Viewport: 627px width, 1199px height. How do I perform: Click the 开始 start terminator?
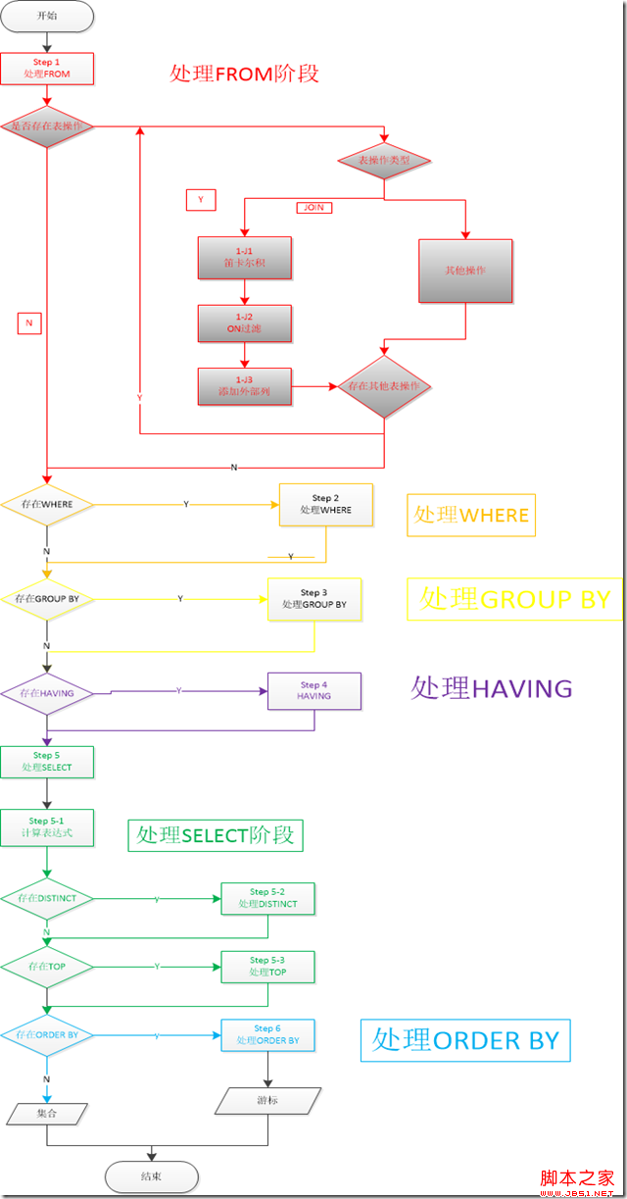coord(47,16)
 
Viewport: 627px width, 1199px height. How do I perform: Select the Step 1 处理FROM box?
coord(47,69)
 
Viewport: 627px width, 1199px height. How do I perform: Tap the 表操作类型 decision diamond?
coord(383,160)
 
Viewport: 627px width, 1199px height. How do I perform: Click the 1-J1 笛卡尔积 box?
coord(244,258)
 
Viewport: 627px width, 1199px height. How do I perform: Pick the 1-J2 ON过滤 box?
coord(244,324)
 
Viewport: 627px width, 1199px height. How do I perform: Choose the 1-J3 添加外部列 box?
coord(244,386)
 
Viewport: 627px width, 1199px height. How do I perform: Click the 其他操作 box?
coord(465,271)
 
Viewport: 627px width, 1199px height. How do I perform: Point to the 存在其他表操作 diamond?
coord(384,386)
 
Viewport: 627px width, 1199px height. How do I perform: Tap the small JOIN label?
coord(313,208)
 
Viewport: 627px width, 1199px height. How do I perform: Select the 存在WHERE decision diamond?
coord(47,504)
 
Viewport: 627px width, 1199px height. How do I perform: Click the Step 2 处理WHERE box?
coord(325,504)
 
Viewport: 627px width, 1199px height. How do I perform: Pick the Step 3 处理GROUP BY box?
coord(314,599)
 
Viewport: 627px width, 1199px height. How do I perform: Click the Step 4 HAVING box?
coord(314,691)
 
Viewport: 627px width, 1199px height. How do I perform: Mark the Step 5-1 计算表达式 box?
coord(47,827)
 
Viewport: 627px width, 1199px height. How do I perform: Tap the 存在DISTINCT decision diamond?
coord(47,898)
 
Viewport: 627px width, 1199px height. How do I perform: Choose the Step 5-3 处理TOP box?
coord(267,967)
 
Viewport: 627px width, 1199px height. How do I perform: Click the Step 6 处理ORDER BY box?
coord(267,1035)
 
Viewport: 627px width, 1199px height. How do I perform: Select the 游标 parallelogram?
coord(267,1101)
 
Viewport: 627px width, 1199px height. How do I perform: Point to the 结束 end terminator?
coord(151,1176)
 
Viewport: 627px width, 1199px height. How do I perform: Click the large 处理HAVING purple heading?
coord(492,688)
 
